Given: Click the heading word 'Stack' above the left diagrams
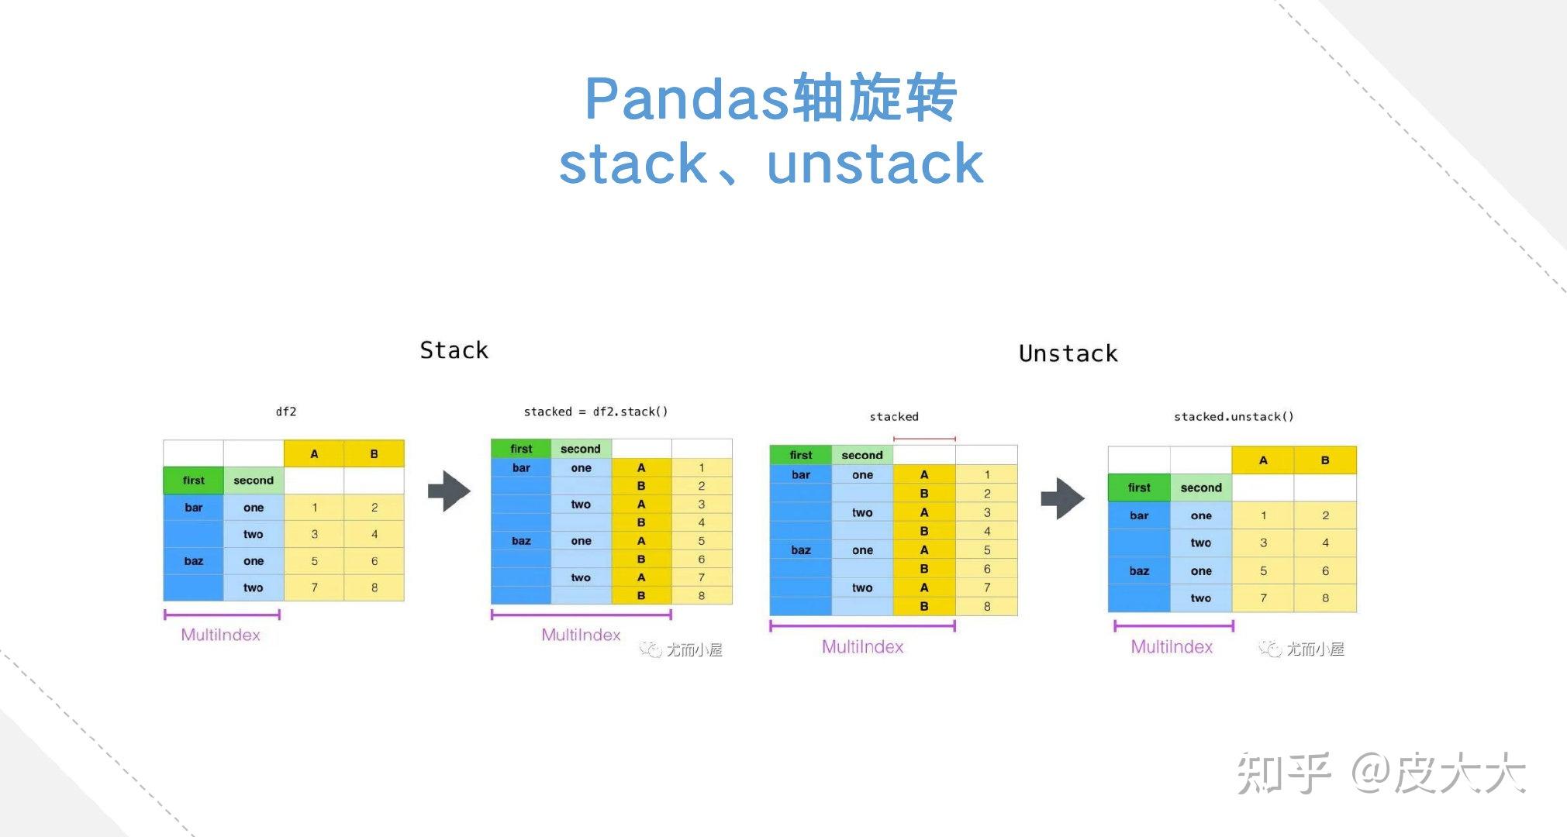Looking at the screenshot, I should pyautogui.click(x=454, y=350).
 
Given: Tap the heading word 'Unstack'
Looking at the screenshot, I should pyautogui.click(x=1068, y=354).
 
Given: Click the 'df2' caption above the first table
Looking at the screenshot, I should pyautogui.click(x=286, y=412).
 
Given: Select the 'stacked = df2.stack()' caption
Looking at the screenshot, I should pyautogui.click(x=595, y=412).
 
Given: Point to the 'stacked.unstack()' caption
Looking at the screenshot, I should pyautogui.click(x=1233, y=417).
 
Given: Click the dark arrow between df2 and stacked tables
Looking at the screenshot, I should pyautogui.click(x=449, y=491).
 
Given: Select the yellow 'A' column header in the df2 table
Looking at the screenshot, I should pyautogui.click(x=314, y=454).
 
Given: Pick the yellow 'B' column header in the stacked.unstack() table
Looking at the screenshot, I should pyautogui.click(x=1325, y=460).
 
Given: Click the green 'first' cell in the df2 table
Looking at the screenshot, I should pyautogui.click(x=193, y=480).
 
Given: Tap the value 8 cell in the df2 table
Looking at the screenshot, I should pyautogui.click(x=374, y=587).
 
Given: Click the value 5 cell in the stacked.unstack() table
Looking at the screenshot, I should pyautogui.click(x=1263, y=571).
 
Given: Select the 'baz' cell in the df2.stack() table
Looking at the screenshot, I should pyautogui.click(x=521, y=541).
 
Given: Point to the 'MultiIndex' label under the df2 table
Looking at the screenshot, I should pyautogui.click(x=220, y=635).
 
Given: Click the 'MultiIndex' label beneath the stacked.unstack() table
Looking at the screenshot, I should pyautogui.click(x=1171, y=647).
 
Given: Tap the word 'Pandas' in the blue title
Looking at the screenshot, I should pyautogui.click(x=686, y=98).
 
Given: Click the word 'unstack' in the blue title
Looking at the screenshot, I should pyautogui.click(x=875, y=164).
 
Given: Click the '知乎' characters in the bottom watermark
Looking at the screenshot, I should pyautogui.click(x=1283, y=773).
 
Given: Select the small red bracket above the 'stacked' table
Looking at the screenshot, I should pyautogui.click(x=924, y=439).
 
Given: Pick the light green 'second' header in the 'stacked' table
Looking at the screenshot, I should pyautogui.click(x=862, y=455).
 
